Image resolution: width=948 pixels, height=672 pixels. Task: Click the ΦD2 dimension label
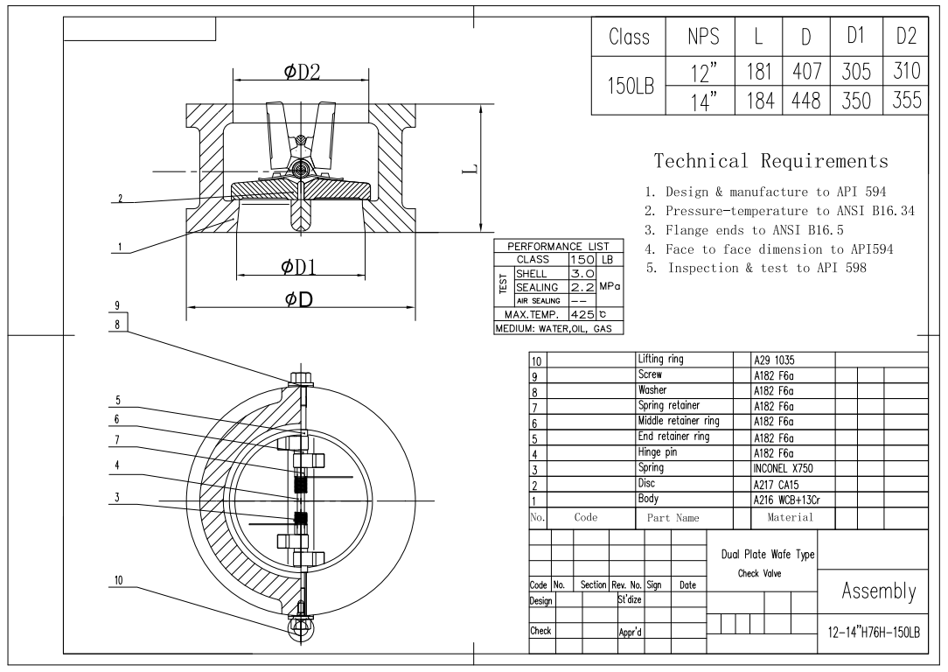pyautogui.click(x=302, y=73)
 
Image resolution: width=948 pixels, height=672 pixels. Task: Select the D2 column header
pyautogui.click(x=906, y=38)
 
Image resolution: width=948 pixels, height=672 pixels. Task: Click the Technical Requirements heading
pyautogui.click(x=770, y=161)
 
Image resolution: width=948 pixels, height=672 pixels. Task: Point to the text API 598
pyautogui.click(x=834, y=269)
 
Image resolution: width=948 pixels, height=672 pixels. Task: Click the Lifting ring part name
pyautogui.click(x=661, y=359)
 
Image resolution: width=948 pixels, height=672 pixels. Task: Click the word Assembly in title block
pyautogui.click(x=877, y=592)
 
